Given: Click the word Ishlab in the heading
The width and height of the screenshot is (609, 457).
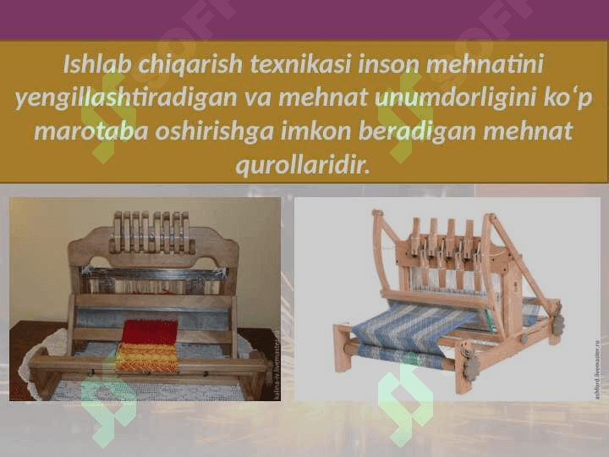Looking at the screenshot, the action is [x=97, y=63].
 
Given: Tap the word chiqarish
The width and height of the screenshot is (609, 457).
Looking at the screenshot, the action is [x=190, y=65].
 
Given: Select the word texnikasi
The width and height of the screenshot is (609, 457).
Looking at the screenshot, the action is [x=300, y=63].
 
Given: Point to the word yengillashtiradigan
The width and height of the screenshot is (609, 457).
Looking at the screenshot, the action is [x=126, y=99].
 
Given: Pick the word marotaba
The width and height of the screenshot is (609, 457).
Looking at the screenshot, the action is [x=91, y=131].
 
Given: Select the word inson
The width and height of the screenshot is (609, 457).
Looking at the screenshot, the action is [x=389, y=64].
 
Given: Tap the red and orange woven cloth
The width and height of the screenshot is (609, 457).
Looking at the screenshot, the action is [x=149, y=345].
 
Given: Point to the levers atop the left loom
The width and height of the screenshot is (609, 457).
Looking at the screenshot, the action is [x=152, y=232].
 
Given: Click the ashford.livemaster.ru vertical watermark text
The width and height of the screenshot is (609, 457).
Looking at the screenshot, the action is [x=597, y=369].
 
